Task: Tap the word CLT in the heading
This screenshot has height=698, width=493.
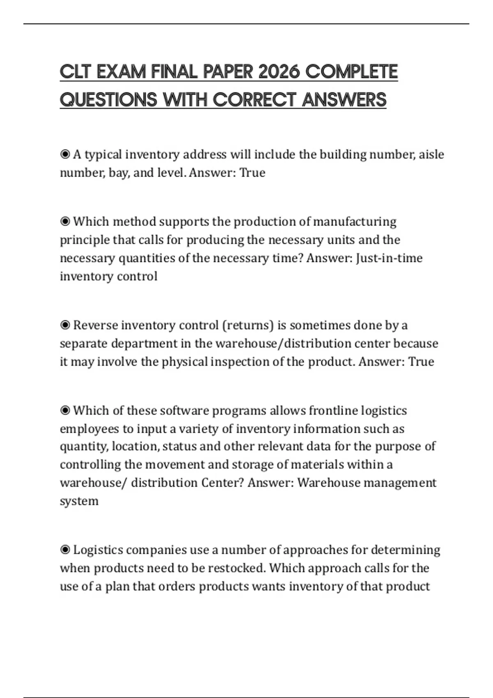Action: click(75, 72)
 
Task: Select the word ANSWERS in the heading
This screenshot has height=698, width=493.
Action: click(344, 100)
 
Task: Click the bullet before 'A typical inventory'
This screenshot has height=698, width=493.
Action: click(65, 154)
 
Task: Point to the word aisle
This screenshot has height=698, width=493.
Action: click(431, 154)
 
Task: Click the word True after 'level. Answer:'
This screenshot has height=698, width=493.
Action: click(252, 172)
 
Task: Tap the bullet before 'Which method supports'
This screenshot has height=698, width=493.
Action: click(65, 222)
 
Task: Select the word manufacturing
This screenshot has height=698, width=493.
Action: click(355, 222)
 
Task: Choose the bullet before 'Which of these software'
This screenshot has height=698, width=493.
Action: click(65, 411)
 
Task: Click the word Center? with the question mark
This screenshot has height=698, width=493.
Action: click(222, 482)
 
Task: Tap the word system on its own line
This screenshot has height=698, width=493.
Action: click(79, 501)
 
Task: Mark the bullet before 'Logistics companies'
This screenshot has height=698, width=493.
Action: click(65, 550)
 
